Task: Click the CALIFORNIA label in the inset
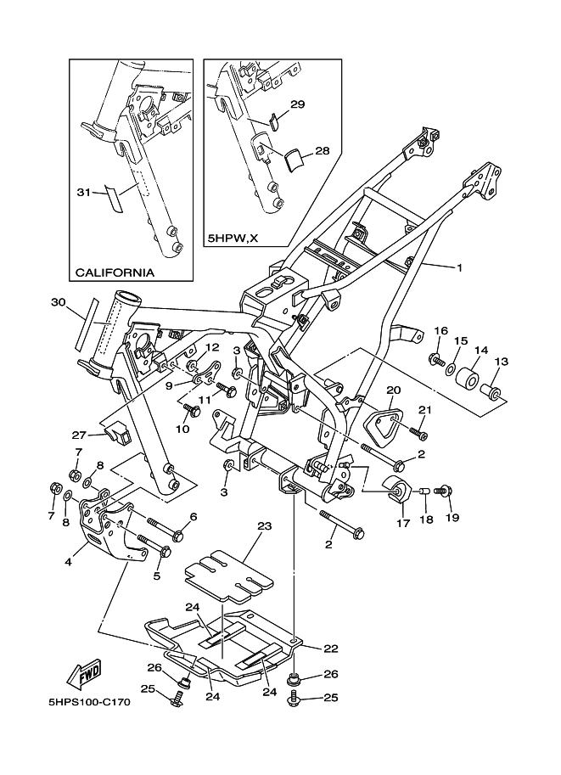[115, 273]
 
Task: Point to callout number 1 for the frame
[459, 268]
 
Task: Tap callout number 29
[297, 104]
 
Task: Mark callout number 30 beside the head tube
[59, 302]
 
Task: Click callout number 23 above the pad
[264, 526]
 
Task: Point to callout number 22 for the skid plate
[331, 649]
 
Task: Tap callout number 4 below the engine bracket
[67, 560]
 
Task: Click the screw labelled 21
[418, 432]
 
